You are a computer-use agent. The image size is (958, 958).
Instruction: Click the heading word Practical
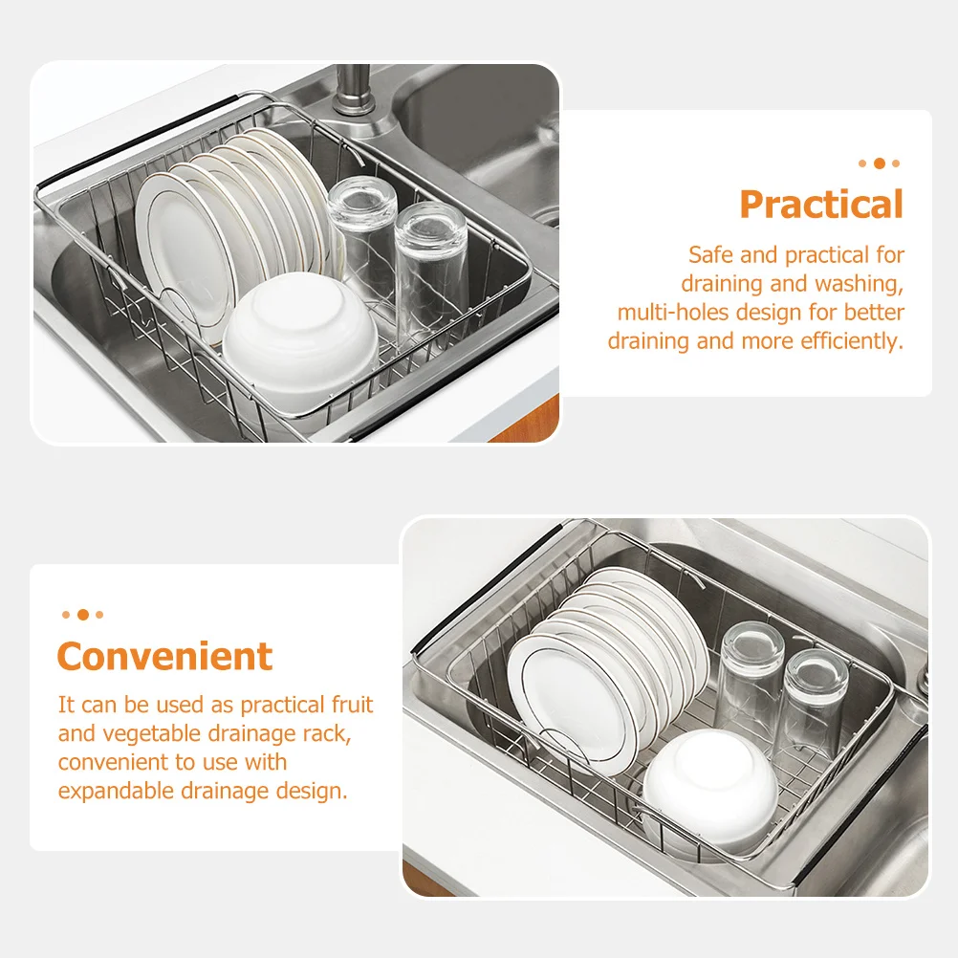click(x=820, y=205)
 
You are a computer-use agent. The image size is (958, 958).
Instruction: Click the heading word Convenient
click(x=164, y=657)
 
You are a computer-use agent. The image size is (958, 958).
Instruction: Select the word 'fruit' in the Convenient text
click(x=352, y=706)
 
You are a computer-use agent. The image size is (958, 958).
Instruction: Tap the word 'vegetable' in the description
click(x=139, y=734)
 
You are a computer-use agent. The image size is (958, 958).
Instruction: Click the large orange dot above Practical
click(x=879, y=163)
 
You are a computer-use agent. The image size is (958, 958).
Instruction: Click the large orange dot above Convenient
click(x=82, y=615)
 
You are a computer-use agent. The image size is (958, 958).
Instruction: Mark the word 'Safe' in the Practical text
click(x=709, y=255)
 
